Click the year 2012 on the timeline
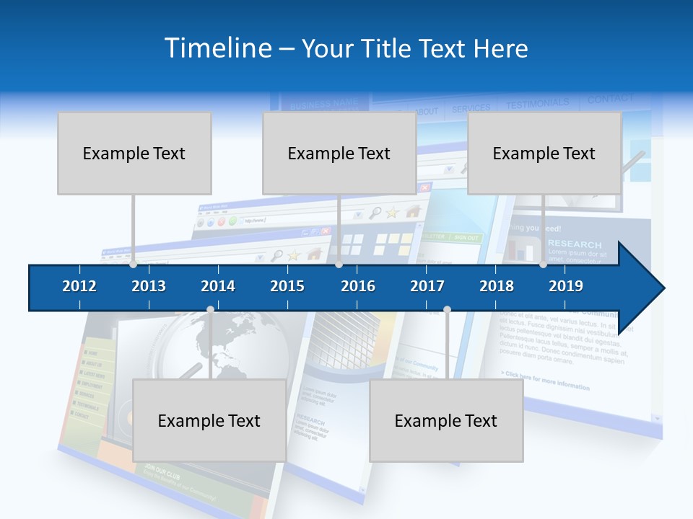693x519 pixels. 79,286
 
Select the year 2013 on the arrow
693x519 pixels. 149,286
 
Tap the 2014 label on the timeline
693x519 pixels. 218,286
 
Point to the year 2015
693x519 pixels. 287,286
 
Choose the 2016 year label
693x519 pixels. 358,286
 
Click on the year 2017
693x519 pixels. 427,286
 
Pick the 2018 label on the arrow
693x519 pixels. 497,286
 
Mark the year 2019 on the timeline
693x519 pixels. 566,286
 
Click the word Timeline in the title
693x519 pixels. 217,48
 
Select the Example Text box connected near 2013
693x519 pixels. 134,153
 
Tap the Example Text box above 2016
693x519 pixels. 339,153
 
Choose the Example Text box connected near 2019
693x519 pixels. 544,153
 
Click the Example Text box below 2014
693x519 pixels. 209,420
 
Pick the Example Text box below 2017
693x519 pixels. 446,420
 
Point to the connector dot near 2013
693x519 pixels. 133,265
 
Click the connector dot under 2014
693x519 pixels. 210,310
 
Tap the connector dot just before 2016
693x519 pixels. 339,265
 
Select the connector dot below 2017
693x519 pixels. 447,310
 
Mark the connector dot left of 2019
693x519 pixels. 544,265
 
